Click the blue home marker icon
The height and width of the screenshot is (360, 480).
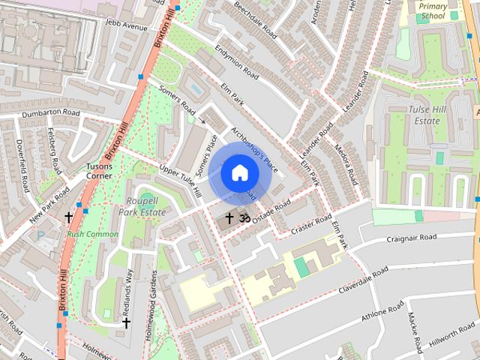coord(239,172)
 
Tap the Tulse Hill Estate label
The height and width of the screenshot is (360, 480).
coord(424,115)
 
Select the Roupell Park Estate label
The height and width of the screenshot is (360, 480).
coord(142,207)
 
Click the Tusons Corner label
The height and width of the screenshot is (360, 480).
coord(99,170)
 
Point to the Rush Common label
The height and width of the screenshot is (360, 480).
coord(93,234)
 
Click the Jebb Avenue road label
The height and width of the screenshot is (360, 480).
coord(127,25)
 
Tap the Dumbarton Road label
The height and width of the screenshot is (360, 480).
coord(50,112)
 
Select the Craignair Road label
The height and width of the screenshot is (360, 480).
coord(411,237)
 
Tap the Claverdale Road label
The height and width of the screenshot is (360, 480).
coord(363,280)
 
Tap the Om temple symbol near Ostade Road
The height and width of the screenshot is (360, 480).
coord(243,217)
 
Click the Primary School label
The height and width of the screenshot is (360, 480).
coord(433,10)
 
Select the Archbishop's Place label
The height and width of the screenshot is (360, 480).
coord(255,148)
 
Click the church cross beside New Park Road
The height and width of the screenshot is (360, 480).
coord(69,217)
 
